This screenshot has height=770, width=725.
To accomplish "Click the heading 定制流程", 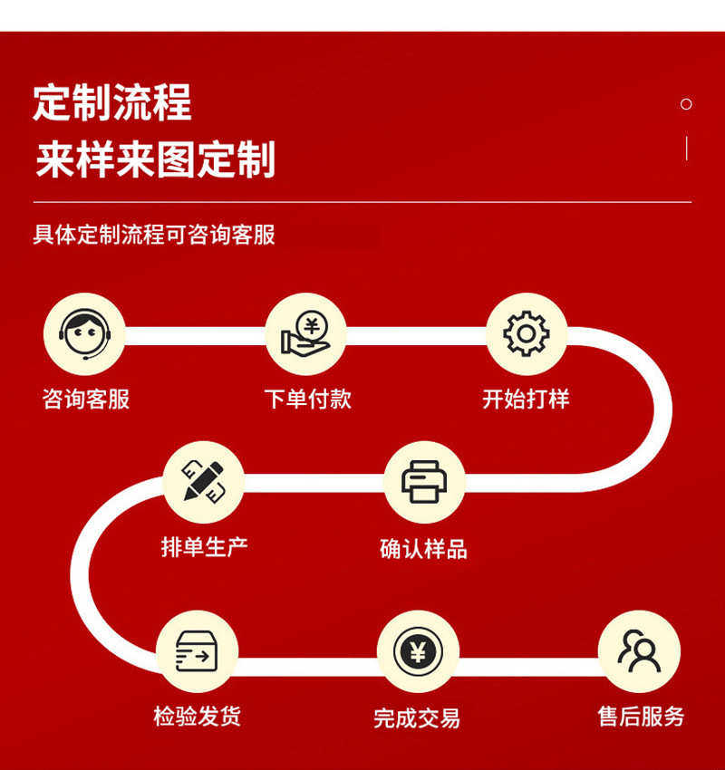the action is tap(112, 102).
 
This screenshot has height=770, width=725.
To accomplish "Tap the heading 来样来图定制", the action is tap(155, 159).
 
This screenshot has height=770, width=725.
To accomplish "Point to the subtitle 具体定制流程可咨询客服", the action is tap(154, 235).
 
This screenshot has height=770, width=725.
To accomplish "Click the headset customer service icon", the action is tap(84, 333).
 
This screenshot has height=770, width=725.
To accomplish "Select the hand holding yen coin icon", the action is tap(305, 333).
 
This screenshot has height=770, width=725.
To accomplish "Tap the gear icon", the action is tap(527, 333).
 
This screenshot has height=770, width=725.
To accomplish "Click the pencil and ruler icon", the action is tap(203, 481).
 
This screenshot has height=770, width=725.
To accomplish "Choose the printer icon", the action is tap(424, 481).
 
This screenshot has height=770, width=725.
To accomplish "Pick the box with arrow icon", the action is tap(197, 650).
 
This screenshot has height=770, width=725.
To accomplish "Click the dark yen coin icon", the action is tap(418, 650).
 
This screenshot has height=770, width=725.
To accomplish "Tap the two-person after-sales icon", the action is tap(639, 650).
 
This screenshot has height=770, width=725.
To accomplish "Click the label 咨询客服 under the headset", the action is tap(86, 399).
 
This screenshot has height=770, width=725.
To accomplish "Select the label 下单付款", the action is tap(307, 399).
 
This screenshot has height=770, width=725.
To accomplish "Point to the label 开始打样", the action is tap(526, 399).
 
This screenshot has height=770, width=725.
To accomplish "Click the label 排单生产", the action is tap(204, 546).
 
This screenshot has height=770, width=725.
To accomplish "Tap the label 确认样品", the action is tap(423, 548).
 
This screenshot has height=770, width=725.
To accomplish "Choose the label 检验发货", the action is tap(198, 716).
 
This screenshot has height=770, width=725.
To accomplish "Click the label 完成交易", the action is tap(417, 717).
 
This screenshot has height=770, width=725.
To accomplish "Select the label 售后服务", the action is tap(641, 716).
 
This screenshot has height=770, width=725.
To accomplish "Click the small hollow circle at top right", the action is tap(686, 104).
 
